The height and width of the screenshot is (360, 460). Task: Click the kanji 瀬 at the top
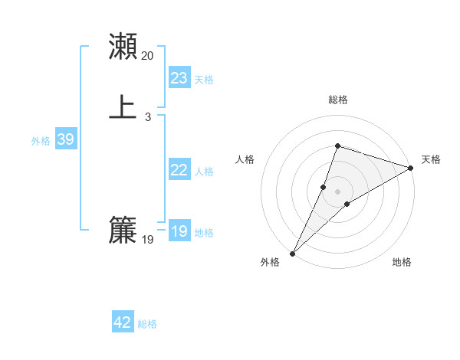click(x=123, y=46)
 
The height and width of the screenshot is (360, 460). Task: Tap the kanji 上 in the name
click(x=123, y=107)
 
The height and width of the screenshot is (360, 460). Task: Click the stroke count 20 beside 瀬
click(x=148, y=56)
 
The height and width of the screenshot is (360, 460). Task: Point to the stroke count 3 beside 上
click(x=148, y=117)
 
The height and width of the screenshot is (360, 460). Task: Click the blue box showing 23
click(x=179, y=78)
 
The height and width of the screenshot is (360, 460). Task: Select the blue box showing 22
click(x=179, y=170)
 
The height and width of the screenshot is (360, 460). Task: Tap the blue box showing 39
click(x=65, y=139)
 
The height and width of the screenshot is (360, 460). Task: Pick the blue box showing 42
click(x=123, y=322)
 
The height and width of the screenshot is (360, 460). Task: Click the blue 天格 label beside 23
click(x=204, y=80)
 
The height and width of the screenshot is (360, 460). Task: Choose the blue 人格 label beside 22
click(x=204, y=172)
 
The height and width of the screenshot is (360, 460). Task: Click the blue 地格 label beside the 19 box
click(x=204, y=233)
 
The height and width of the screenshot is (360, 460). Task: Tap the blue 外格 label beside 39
click(x=41, y=141)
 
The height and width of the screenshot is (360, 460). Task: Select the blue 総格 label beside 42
click(x=147, y=324)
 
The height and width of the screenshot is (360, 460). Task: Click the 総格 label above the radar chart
click(x=337, y=100)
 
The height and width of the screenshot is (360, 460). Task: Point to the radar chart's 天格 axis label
click(x=431, y=159)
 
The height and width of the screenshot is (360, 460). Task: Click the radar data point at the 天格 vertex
click(x=411, y=169)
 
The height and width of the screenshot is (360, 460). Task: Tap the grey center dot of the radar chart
click(x=337, y=191)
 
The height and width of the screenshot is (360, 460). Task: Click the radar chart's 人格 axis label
click(x=245, y=159)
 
